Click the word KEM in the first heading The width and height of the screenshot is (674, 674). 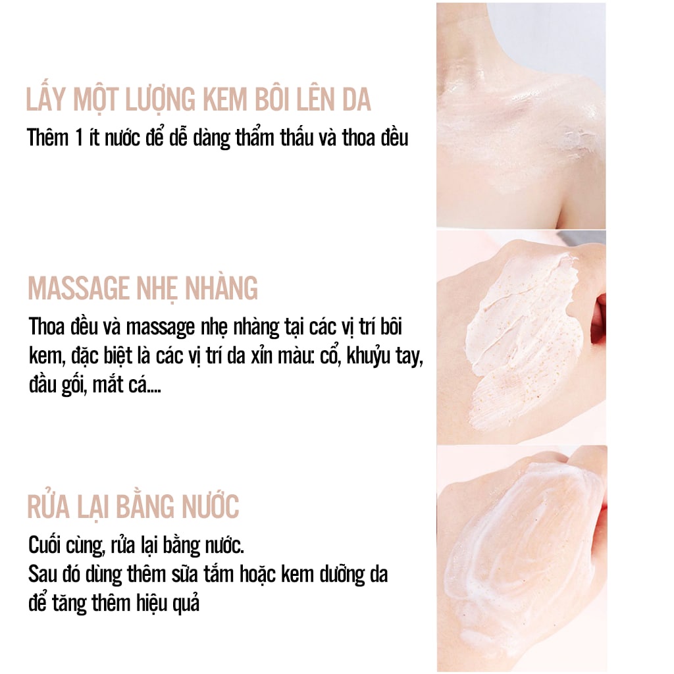[226, 100]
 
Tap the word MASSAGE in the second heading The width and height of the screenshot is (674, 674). [79, 288]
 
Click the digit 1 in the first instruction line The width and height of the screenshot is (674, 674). [79, 138]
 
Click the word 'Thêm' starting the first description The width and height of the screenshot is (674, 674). [47, 138]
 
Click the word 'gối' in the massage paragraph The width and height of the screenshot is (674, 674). [70, 384]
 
